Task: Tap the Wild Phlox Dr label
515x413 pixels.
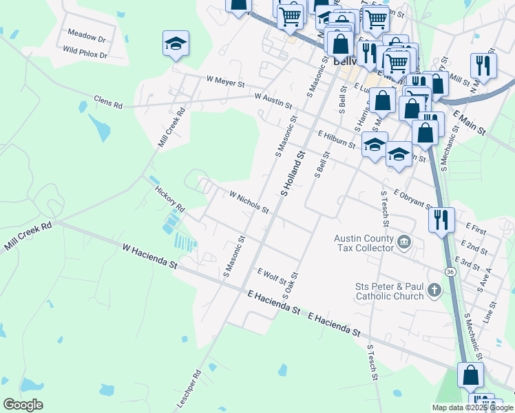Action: click(x=85, y=52)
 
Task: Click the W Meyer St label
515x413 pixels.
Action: click(x=226, y=81)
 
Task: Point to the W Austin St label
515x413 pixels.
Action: click(x=273, y=101)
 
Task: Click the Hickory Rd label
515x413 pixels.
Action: click(x=169, y=198)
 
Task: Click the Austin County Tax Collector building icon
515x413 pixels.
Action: click(x=403, y=242)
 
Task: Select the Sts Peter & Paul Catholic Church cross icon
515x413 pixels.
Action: click(x=434, y=290)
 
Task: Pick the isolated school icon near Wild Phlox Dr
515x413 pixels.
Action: click(x=176, y=43)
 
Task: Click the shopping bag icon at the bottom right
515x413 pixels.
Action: click(x=470, y=375)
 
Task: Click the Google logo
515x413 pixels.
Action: click(x=23, y=405)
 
